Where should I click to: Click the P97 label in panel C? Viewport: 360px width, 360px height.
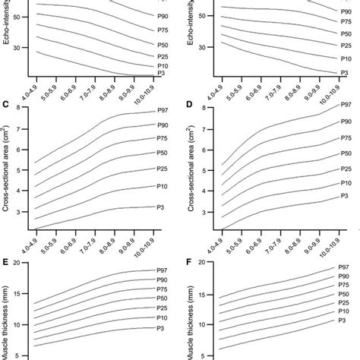click(x=162, y=112)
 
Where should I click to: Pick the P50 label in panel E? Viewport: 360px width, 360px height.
click(x=162, y=298)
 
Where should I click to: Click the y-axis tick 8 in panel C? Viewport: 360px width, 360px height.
click(x=25, y=108)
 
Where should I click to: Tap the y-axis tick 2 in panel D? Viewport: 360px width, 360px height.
click(x=207, y=229)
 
